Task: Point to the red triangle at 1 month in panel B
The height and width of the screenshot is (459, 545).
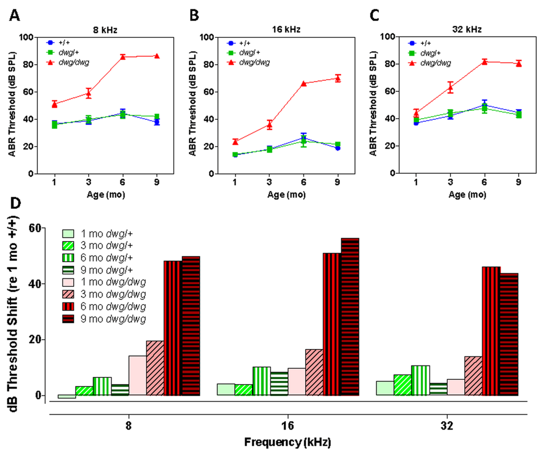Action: click(236, 142)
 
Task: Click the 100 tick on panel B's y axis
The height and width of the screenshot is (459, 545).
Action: click(207, 37)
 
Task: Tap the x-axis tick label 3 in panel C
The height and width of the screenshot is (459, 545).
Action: click(450, 182)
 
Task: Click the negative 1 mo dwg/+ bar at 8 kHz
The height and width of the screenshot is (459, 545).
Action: click(67, 396)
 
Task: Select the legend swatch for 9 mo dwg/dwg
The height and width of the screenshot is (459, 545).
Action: click(72, 319)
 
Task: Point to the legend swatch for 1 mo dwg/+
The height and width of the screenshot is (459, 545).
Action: click(72, 234)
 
